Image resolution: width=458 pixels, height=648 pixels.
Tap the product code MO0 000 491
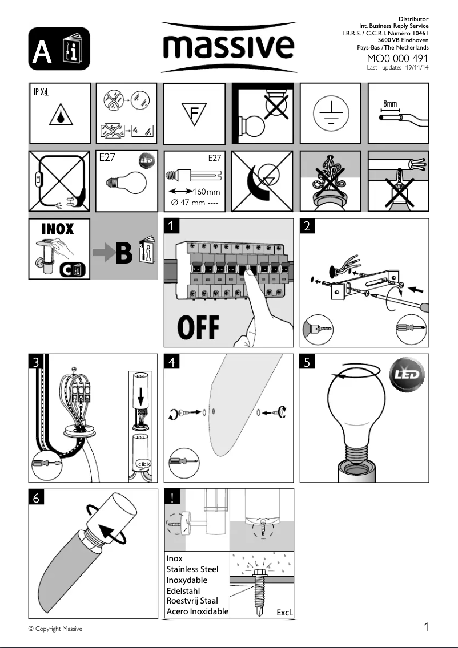397,58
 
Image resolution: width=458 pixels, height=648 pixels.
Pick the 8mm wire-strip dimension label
390,104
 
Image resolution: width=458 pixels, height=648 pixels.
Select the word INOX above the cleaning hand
58,229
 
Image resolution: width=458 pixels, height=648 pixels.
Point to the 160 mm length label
206,192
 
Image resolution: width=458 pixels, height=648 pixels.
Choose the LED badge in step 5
407,375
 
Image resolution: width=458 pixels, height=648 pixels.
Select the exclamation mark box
172,497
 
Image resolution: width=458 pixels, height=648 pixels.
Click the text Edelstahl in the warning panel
183,591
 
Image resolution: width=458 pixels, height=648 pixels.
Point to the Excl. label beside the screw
284,613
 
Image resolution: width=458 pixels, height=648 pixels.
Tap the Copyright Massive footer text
55,629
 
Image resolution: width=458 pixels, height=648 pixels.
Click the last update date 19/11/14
417,68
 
